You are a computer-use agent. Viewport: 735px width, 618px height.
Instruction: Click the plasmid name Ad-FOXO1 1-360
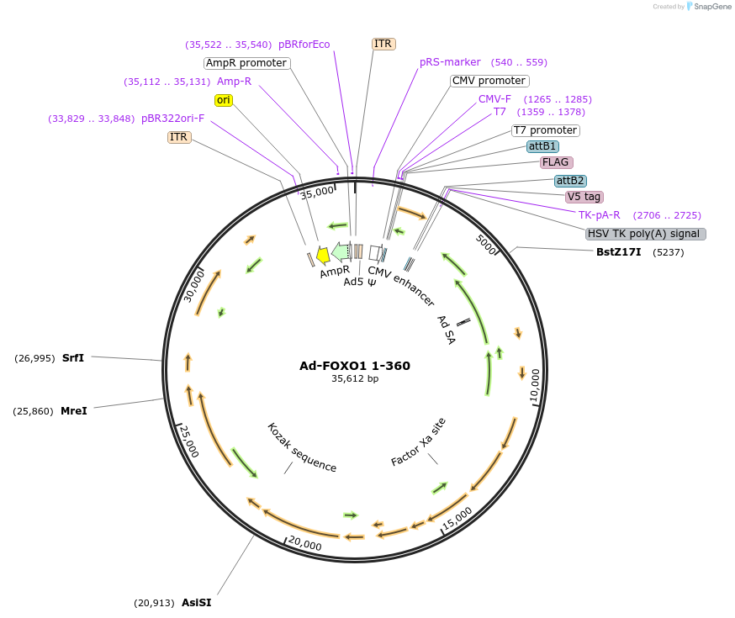pos(355,366)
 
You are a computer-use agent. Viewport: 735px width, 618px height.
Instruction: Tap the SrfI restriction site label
pos(73,357)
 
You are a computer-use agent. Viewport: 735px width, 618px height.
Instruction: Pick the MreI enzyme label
pos(74,411)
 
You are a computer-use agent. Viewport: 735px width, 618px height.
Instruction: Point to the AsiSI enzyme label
pos(196,602)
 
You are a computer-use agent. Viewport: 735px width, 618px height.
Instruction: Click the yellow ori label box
pos(224,100)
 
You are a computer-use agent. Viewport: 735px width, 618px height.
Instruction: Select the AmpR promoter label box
pos(246,63)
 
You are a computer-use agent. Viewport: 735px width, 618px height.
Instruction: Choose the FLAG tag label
pos(556,161)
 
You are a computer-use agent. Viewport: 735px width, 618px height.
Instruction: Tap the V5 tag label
pos(584,197)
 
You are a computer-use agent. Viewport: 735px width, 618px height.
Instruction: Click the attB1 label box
pos(542,146)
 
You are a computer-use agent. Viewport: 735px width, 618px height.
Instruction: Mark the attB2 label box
pos(570,181)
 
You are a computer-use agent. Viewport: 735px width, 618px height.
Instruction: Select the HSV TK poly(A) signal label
pos(646,234)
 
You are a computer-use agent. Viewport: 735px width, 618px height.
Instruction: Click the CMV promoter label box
pos(489,81)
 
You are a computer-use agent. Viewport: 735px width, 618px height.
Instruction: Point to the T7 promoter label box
pos(545,130)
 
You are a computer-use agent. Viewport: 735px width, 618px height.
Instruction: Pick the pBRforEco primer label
pos(304,45)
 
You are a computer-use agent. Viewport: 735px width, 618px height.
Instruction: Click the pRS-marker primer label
pos(450,61)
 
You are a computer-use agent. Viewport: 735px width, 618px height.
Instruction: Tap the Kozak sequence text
pos(301,447)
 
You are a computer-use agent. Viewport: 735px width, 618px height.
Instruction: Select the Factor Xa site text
pos(419,442)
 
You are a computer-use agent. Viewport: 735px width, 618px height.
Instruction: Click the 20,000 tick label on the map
pos(304,546)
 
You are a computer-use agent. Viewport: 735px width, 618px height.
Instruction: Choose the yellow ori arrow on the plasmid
pos(322,256)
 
